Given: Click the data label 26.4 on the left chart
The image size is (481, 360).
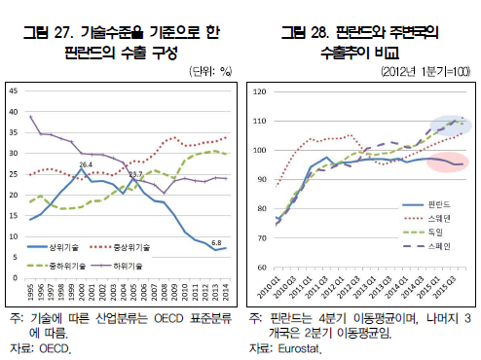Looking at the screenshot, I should click(x=86, y=164).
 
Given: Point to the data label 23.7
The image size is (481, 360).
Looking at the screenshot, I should click(x=136, y=174).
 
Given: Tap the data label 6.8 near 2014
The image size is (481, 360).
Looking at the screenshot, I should click(x=217, y=241).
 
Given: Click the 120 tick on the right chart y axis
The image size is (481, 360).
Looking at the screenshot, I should click(x=258, y=91).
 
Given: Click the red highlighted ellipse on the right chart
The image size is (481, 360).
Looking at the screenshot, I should click(x=446, y=162).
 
